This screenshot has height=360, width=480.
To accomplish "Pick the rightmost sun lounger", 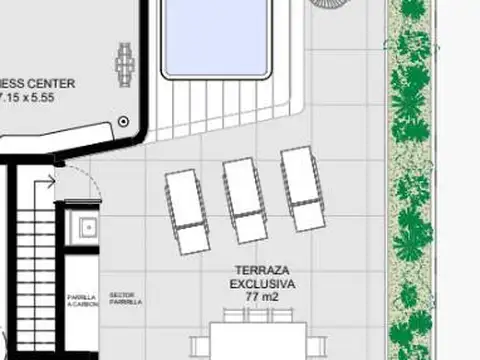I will [x=301, y=190].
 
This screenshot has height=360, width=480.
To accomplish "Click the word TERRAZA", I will [x=262, y=271].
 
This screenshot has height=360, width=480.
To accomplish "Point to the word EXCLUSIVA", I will [x=262, y=284].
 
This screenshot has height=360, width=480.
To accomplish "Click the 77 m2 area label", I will [x=262, y=298].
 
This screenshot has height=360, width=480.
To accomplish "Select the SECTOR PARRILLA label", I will [x=125, y=298].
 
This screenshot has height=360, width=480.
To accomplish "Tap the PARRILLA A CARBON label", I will [x=82, y=301].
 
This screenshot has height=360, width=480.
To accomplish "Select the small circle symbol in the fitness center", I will [x=124, y=120].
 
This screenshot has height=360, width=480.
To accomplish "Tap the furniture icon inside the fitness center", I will [x=125, y=64].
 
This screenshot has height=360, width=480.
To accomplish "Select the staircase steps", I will [x=34, y=270].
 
